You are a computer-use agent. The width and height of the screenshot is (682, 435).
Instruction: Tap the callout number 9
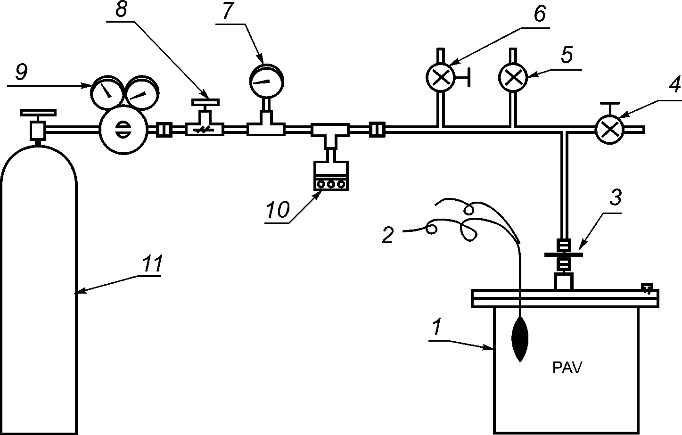[21, 72]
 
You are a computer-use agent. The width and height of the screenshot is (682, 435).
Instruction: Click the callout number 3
[615, 198]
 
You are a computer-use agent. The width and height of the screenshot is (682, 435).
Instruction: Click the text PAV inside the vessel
[567, 367]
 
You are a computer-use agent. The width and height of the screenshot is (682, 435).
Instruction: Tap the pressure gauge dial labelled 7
[267, 81]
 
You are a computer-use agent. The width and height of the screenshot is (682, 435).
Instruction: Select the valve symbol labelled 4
[609, 129]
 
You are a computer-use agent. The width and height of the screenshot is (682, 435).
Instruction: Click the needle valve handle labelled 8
[205, 102]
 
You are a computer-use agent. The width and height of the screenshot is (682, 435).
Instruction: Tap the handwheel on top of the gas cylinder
[38, 113]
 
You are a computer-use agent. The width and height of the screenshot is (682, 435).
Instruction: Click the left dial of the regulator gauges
[106, 92]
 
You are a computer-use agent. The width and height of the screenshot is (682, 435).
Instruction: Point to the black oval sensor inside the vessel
[520, 338]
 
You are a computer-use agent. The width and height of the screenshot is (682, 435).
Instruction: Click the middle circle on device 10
[330, 184]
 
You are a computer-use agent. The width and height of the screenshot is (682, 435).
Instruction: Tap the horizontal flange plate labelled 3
[564, 254]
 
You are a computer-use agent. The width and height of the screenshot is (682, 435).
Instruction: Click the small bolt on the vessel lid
[648, 288]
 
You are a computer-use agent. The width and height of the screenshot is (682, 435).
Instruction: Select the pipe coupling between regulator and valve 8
[164, 129]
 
